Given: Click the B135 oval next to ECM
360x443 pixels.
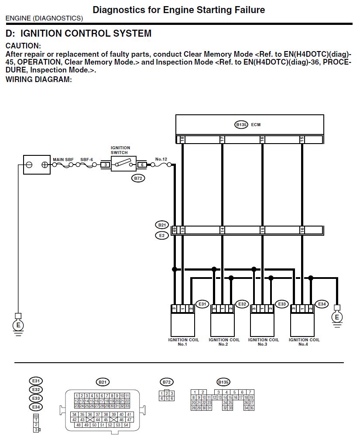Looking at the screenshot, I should coord(241,124).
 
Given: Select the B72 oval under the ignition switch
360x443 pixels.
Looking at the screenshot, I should coord(138,178).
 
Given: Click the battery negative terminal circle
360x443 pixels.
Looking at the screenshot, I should coord(29,165).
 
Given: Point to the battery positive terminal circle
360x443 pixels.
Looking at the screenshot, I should coord(45,165).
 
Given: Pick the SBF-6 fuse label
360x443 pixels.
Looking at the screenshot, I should coord(86,160).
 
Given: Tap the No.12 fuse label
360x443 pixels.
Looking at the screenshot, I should coord(161,160).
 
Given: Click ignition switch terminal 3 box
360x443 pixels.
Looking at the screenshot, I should coord(105,165).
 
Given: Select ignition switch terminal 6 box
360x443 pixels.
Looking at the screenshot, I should coord(142,165).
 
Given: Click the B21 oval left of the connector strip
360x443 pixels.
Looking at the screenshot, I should coord(161,225).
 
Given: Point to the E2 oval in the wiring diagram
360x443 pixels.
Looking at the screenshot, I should coord(161,235).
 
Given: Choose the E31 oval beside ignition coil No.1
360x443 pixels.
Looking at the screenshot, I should coord(202,304).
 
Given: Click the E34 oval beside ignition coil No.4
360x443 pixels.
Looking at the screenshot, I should coord(322,304).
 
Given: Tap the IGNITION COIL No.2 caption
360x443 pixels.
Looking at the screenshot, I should coord(224,342).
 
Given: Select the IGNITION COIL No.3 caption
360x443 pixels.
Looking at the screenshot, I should coord(263,342).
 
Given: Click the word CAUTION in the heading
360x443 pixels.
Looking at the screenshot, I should coord(23,46).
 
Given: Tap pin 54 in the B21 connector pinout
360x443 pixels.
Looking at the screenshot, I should coord(126,425).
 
